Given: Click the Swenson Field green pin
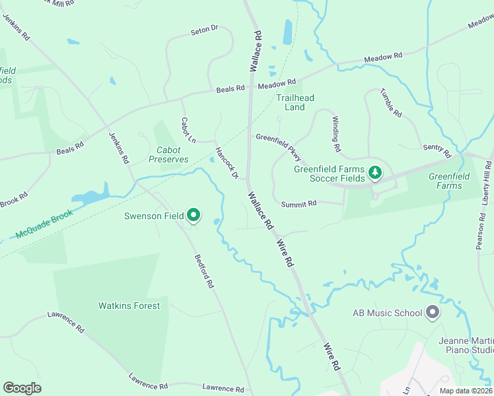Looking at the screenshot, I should point(194,214).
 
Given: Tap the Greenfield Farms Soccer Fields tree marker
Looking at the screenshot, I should point(375,173).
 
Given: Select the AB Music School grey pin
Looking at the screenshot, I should point(433,312).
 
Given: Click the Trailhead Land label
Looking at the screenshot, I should point(295,102).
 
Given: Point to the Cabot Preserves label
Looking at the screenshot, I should point(168,154).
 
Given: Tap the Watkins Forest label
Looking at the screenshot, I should point(129,306).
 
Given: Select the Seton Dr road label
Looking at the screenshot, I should point(204,30).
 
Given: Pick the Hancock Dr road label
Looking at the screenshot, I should point(226,163).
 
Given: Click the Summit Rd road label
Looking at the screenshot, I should point(299,203).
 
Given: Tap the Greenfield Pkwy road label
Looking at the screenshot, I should point(279,147).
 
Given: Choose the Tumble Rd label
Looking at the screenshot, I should point(391,102).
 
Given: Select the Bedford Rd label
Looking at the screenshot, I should point(204,271).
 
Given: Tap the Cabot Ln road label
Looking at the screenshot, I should point(188,130).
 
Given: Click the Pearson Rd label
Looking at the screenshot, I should point(480,230).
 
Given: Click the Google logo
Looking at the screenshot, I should point(22,388).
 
